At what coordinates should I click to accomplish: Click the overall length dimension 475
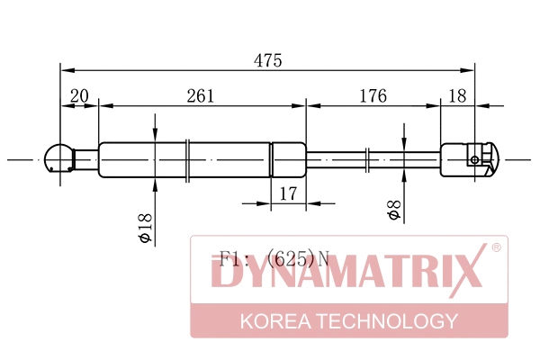[268, 61]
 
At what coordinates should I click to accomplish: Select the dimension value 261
[200, 95]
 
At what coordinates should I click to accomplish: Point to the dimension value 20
[79, 95]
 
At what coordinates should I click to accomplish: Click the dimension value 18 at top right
[458, 95]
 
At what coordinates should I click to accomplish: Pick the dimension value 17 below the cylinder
[288, 193]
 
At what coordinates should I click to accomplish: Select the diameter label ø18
[144, 226]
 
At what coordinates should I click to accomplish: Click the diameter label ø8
[393, 211]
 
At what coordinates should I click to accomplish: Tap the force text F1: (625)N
[270, 260]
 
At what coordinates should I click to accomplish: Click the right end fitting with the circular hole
[468, 159]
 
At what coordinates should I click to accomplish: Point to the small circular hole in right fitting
[475, 159]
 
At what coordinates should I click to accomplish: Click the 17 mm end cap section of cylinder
[289, 159]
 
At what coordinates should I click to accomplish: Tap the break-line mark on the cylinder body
[186, 159]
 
